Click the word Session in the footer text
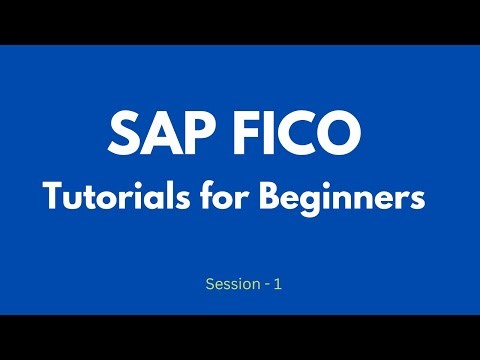(x=229, y=284)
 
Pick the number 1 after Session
(x=277, y=284)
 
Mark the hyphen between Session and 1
(x=264, y=285)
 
